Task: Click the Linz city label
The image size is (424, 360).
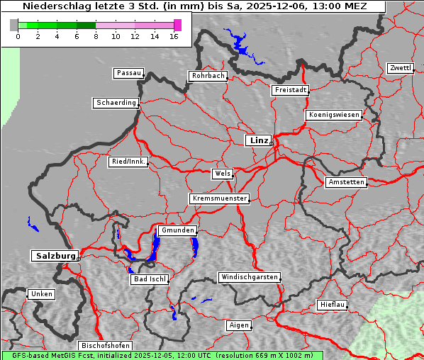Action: (258, 140)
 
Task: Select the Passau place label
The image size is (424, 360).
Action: (128, 73)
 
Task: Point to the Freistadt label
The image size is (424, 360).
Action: (290, 90)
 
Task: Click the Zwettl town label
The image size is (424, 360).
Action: (400, 68)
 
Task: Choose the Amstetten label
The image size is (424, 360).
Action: (346, 183)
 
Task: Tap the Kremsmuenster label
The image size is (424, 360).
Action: (219, 198)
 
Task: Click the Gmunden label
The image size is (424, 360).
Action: (177, 231)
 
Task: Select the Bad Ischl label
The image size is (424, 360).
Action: (150, 279)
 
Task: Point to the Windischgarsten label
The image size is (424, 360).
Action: (248, 277)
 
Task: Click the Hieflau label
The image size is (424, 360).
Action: (332, 305)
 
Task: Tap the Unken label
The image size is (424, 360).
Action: (41, 293)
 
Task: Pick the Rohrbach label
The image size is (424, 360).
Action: (207, 76)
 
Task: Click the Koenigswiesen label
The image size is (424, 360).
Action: (333, 115)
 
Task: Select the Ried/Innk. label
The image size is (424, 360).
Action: (128, 162)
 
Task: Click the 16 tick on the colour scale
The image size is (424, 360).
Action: (174, 36)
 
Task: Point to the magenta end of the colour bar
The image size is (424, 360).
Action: (177, 25)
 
